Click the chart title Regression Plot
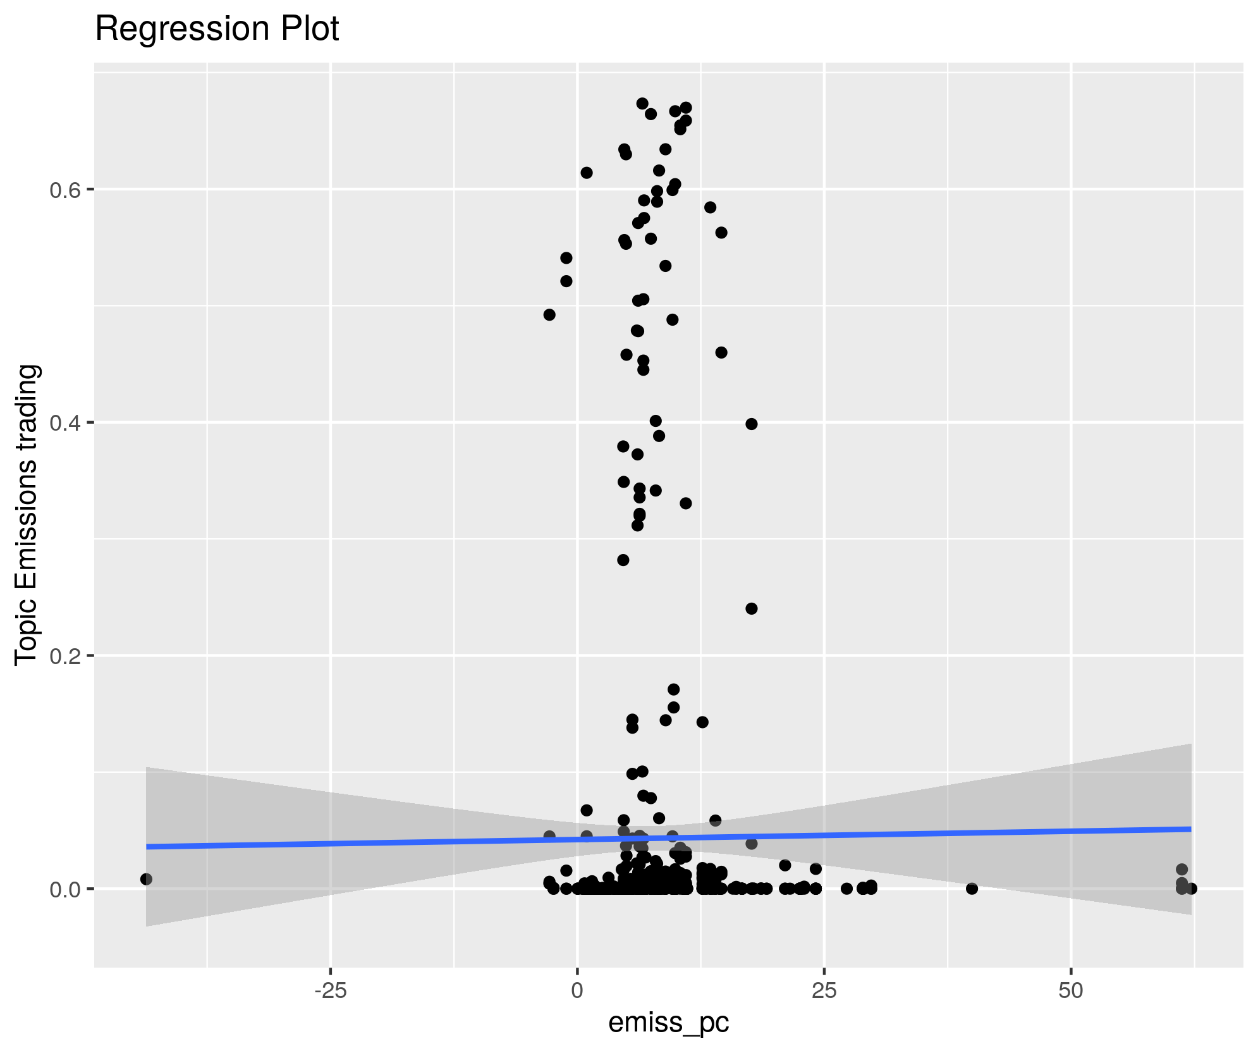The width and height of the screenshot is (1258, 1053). point(217,29)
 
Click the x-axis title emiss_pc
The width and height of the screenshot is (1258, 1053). point(668,1022)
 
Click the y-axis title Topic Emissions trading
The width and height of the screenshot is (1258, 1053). point(27,515)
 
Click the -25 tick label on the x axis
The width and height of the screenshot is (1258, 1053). point(330,990)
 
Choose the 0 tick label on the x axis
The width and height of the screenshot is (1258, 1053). point(577,990)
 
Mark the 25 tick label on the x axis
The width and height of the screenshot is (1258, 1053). point(824,990)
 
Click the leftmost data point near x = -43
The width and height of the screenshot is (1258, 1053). point(146,879)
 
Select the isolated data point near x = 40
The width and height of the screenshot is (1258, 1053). point(972,889)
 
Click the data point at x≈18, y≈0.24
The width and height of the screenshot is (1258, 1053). point(751,608)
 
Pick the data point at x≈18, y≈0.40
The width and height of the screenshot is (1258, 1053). point(751,424)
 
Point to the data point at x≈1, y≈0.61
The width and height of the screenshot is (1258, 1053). point(586,173)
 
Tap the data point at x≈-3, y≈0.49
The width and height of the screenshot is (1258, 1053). point(549,314)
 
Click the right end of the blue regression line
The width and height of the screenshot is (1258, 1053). point(1190,828)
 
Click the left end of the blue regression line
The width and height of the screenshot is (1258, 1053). point(147,846)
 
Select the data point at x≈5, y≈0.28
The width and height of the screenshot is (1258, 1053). point(623,560)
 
